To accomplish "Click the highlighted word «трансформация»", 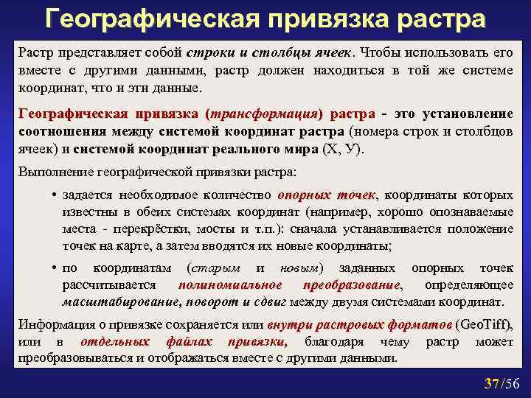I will point(265,115).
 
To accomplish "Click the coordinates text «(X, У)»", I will point(344,147).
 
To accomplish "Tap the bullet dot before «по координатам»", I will point(55,268).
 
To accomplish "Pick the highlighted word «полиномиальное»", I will point(230,284).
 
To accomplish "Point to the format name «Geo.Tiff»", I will point(485,325).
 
